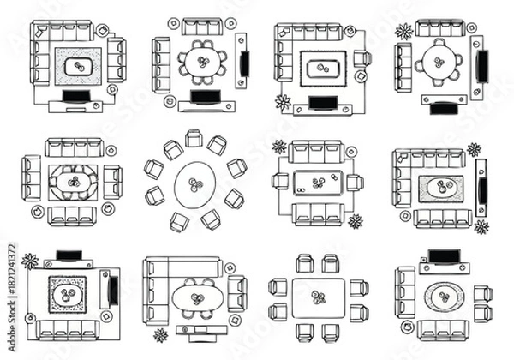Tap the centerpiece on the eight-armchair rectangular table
[x=320, y=297]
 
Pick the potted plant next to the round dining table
[x=403, y=33]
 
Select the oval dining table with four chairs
[x=196, y=299]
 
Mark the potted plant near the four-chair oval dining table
[x=160, y=334]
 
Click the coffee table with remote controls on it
[x=319, y=183]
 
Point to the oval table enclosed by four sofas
[x=74, y=183]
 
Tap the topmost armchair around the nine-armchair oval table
[x=194, y=139]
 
